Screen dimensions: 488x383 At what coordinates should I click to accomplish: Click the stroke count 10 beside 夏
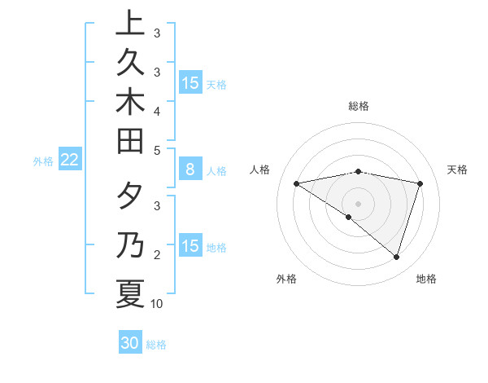click(x=157, y=304)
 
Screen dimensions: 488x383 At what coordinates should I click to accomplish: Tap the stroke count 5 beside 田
click(x=157, y=150)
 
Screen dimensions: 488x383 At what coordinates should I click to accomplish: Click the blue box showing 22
click(x=69, y=161)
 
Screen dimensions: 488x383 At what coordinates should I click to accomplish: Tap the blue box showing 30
click(x=130, y=343)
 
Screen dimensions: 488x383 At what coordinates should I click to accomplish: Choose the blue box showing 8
click(x=190, y=170)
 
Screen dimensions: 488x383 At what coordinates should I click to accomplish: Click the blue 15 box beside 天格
click(x=190, y=83)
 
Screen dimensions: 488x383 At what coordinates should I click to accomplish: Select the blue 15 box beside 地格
click(x=190, y=247)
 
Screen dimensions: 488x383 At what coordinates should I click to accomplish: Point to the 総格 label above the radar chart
click(x=359, y=106)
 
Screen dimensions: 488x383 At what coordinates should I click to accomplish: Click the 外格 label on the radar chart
click(x=286, y=279)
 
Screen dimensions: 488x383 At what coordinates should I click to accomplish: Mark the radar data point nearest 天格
click(x=420, y=183)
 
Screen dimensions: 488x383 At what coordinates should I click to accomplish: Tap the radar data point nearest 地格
click(x=396, y=257)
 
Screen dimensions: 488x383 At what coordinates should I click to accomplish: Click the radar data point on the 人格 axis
click(x=296, y=183)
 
